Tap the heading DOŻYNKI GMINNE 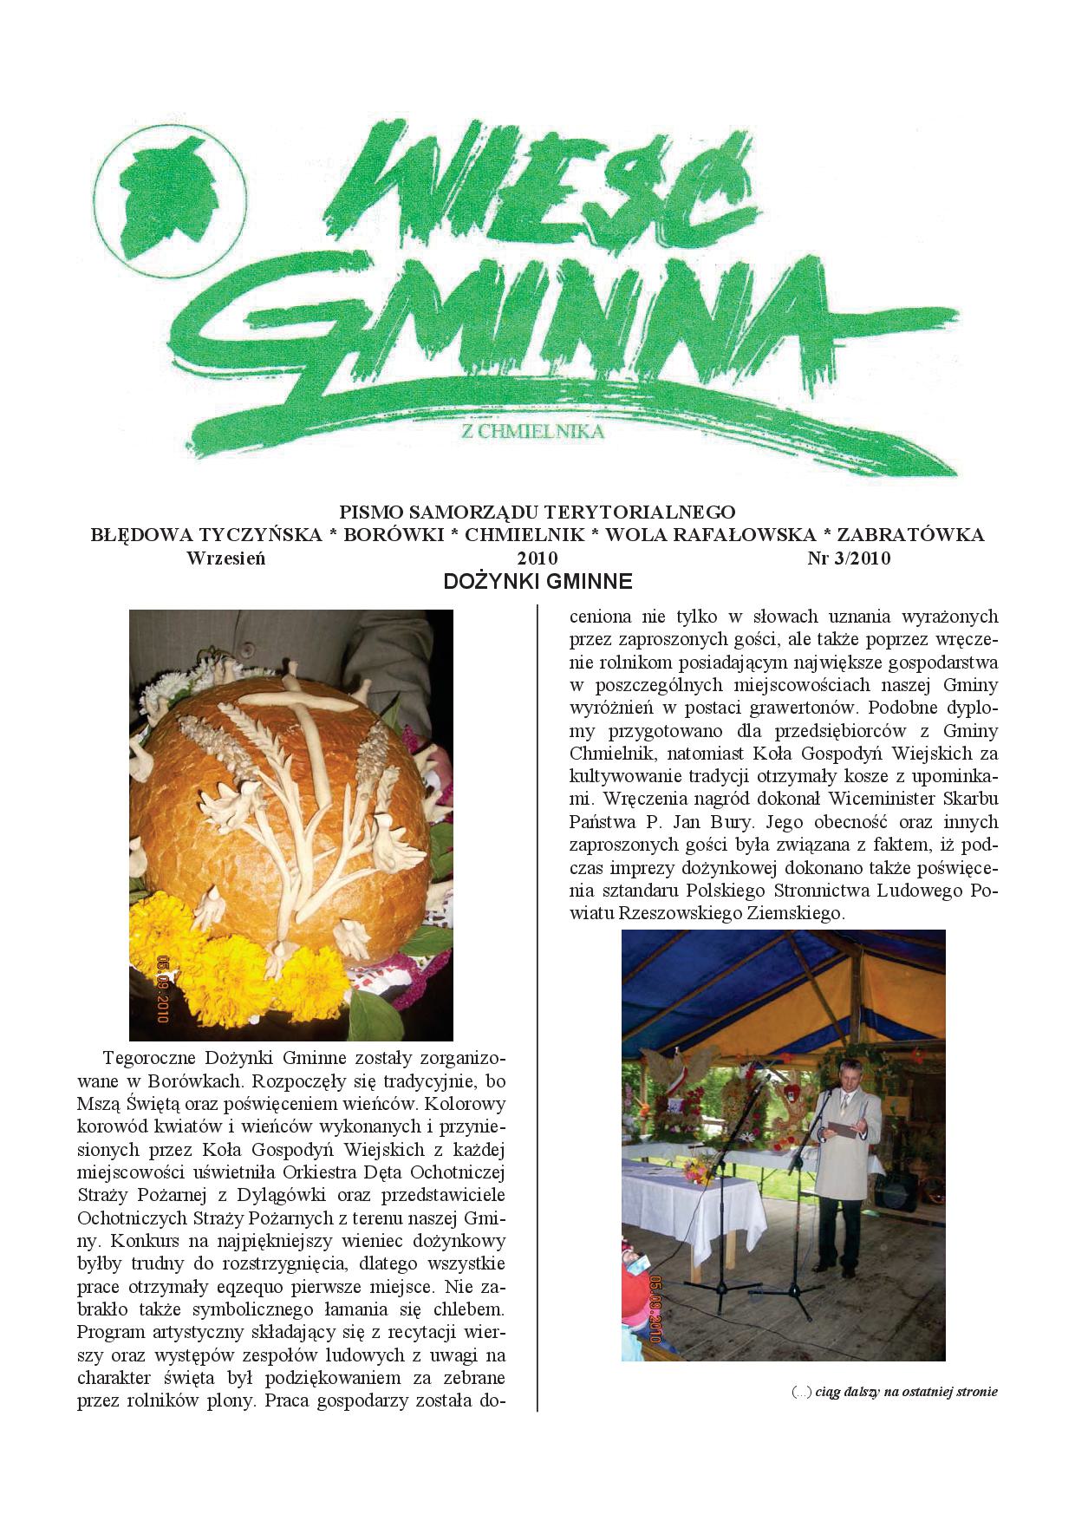click(537, 582)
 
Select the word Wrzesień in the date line click(225, 558)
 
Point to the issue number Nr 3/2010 click(849, 558)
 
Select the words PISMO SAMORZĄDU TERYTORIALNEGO click(537, 511)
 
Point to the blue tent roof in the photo click(780, 980)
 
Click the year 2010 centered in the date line click(537, 558)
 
